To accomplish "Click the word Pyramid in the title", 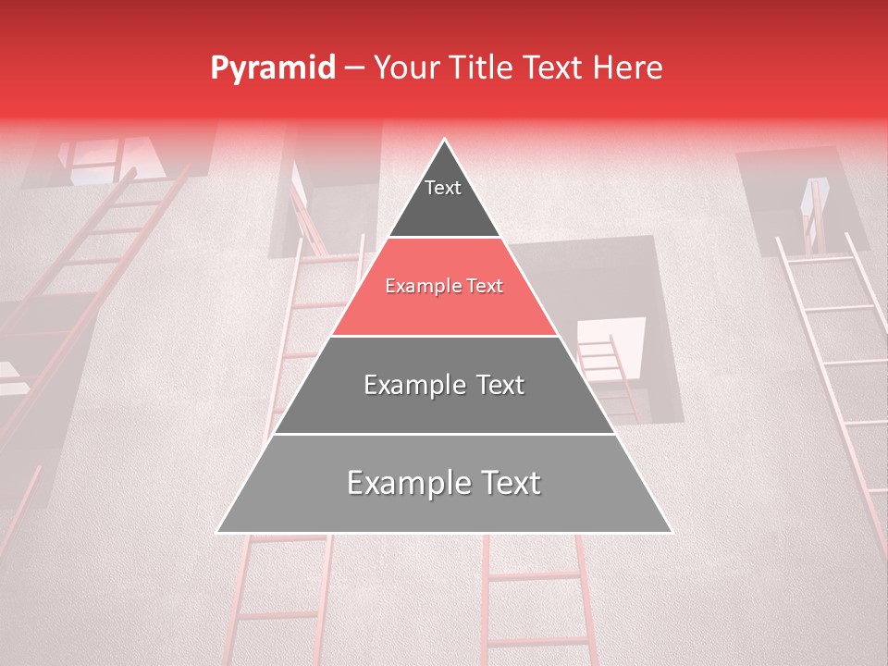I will coord(272,68).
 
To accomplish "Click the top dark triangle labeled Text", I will coord(444,199).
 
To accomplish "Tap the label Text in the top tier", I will coord(443,188).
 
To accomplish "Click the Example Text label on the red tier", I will coord(444,287).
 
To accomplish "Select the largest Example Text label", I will coord(444,483).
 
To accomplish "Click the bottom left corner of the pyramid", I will coord(219,531).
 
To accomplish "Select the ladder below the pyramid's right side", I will coord(536,601).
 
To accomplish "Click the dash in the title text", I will coord(354,68).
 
